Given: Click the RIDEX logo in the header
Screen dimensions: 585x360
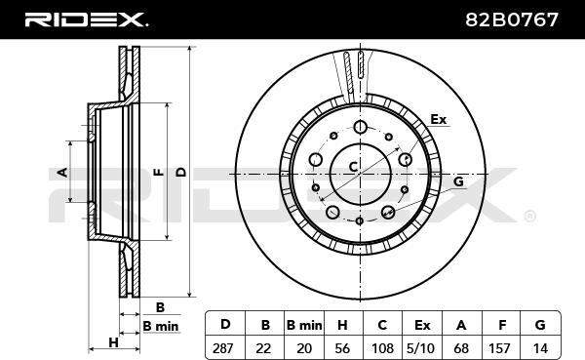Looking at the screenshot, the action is [x=86, y=20].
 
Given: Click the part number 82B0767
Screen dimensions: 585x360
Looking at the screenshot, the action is [x=512, y=20].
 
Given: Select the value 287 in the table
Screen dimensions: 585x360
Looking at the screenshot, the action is [x=222, y=348].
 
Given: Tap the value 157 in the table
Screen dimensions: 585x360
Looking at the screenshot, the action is [x=499, y=348].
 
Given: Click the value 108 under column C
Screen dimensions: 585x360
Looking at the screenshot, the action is [x=382, y=348].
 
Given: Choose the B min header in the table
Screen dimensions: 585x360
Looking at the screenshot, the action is [x=304, y=325].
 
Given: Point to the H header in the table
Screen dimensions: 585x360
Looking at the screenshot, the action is [x=342, y=325].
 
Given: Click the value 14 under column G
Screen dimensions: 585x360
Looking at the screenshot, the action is [x=540, y=348].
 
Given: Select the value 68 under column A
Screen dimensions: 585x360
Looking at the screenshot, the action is [x=461, y=348].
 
